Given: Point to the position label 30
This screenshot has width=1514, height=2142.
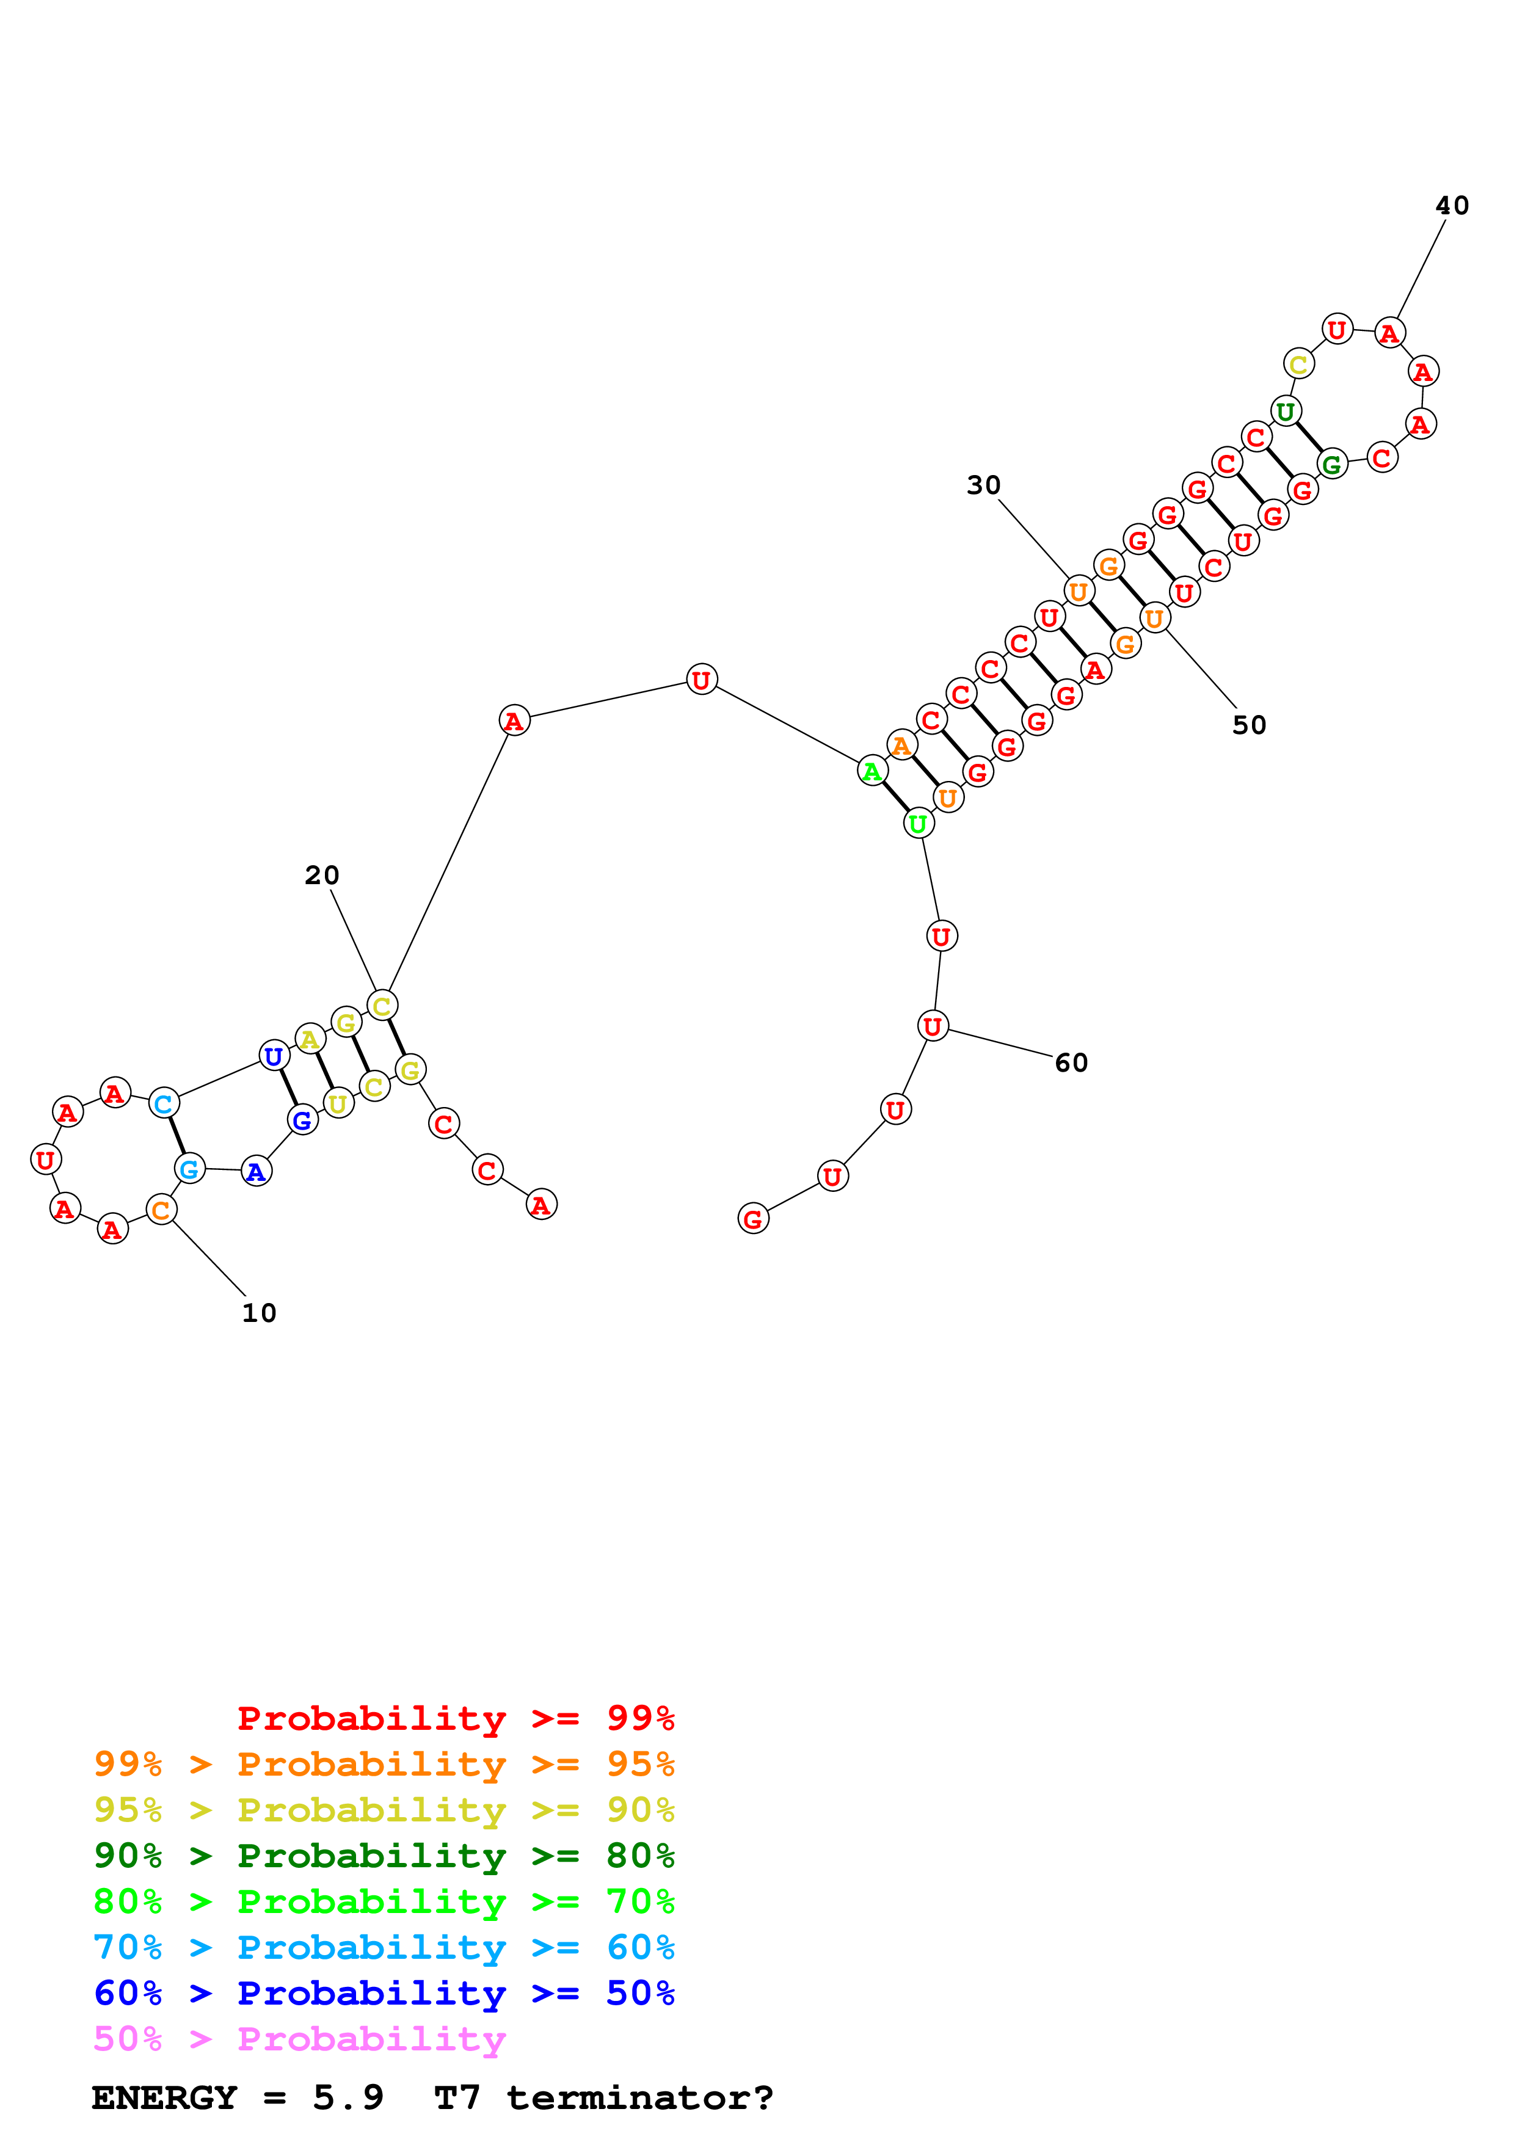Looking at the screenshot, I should tap(983, 485).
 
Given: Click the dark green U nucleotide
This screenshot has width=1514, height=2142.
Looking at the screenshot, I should tap(1286, 412).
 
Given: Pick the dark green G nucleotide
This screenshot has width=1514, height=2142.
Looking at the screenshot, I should tap(1331, 463).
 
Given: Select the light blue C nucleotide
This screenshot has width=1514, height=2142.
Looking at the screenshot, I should tap(163, 1103).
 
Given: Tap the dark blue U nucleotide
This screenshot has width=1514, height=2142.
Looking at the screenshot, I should tap(274, 1056).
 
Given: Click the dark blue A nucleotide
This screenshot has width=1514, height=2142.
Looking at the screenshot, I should tap(256, 1172).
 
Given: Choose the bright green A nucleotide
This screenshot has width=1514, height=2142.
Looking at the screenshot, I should tap(872, 772).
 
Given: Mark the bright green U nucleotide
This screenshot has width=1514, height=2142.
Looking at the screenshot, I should tap(918, 824).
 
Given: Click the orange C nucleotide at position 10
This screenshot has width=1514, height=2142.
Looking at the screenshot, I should tap(161, 1210).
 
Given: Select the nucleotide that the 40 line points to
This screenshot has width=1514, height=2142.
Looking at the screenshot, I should tap(1389, 333).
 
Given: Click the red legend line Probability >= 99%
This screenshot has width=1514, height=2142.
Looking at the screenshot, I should tap(455, 1718).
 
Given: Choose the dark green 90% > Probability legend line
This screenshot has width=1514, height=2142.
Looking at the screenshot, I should tap(384, 1856).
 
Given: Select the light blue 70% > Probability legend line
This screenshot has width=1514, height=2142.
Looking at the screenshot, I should tap(384, 1947).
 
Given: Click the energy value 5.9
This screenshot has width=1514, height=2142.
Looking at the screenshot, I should tap(348, 2098).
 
